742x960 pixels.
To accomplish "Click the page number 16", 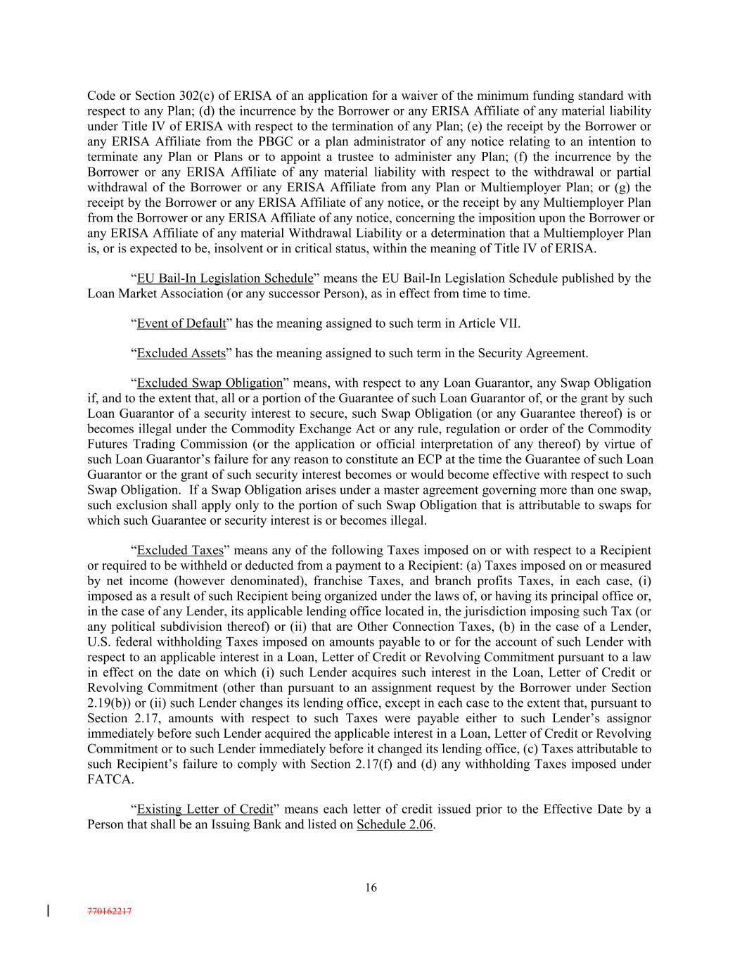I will click(x=371, y=888).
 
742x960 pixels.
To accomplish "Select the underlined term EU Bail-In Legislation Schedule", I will click(x=224, y=278).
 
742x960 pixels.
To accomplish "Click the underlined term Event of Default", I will click(x=181, y=324).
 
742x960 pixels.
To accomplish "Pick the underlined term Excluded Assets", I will click(x=181, y=353).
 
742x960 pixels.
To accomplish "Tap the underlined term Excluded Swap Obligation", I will click(x=209, y=383).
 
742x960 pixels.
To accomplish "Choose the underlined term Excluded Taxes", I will click(x=179, y=550).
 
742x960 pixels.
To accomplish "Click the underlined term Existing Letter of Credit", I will click(x=205, y=809).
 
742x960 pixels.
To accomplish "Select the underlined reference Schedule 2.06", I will click(x=395, y=824).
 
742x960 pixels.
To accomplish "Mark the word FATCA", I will click(x=110, y=779).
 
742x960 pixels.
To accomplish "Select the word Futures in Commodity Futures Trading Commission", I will click(x=108, y=444).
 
